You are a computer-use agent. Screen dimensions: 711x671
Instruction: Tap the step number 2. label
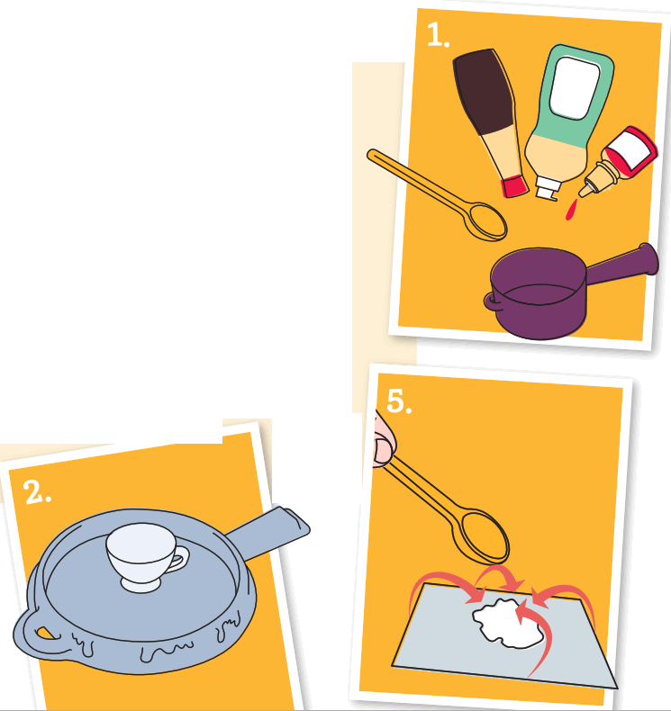click(x=37, y=492)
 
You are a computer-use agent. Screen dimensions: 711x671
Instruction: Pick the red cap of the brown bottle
click(x=514, y=186)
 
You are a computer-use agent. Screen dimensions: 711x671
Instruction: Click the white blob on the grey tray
click(x=507, y=621)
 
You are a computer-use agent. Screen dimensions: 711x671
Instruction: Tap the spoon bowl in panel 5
click(x=485, y=537)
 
